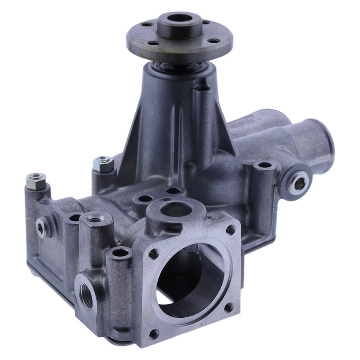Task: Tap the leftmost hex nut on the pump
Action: click(x=36, y=180)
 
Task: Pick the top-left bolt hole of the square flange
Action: click(x=153, y=253)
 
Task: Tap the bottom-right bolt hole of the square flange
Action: click(x=229, y=308)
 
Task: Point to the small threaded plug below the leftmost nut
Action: click(x=41, y=226)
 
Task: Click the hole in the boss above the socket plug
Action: click(x=264, y=166)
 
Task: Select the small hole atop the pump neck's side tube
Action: click(x=205, y=88)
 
